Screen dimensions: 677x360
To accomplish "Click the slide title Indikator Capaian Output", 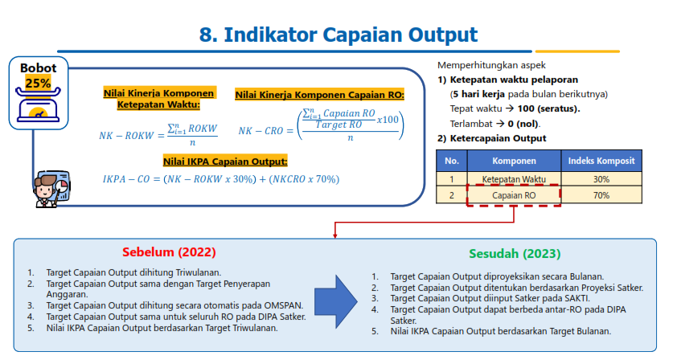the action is [351, 35].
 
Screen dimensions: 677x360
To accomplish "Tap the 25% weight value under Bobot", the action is [38, 83].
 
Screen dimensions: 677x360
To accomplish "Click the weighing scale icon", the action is [38, 104].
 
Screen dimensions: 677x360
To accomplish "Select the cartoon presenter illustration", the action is [51, 189].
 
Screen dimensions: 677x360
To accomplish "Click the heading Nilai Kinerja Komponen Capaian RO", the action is [319, 95].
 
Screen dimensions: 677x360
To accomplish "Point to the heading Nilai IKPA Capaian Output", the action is [225, 162].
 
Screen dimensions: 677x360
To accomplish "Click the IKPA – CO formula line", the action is [221, 179].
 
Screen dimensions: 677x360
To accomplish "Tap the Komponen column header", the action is [514, 161].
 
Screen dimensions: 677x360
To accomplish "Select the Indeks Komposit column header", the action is [601, 161].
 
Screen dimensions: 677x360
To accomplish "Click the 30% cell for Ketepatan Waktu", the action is [601, 179].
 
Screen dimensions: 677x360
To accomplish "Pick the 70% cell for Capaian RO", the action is [601, 195].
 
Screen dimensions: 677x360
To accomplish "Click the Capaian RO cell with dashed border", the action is [514, 195].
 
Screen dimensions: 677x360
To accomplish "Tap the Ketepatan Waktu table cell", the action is [514, 179].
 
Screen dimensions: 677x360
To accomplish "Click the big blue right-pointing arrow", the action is [335, 301].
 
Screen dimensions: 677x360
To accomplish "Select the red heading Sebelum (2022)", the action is [169, 252].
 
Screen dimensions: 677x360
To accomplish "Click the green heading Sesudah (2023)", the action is [515, 253].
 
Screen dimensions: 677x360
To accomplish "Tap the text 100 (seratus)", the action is [548, 108].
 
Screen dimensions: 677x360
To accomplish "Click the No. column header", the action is [452, 161].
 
